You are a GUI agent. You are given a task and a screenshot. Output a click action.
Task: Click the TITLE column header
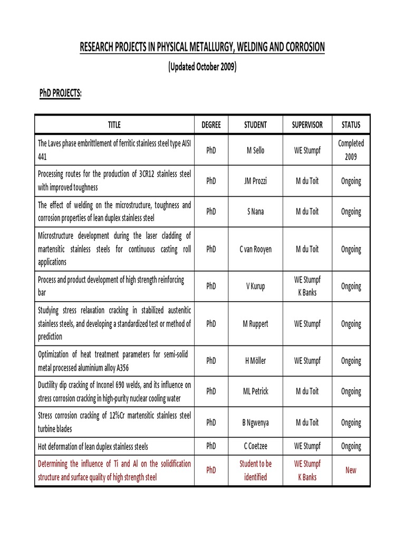point(114,125)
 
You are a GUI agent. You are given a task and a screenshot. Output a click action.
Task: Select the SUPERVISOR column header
point(307,125)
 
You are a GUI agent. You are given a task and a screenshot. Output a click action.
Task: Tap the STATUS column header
point(351,125)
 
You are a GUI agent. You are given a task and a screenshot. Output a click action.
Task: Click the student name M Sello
point(255,150)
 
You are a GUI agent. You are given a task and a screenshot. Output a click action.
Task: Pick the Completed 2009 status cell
point(351,150)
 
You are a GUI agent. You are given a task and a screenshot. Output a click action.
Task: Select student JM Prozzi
point(255,181)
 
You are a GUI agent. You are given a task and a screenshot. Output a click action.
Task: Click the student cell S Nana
point(255,211)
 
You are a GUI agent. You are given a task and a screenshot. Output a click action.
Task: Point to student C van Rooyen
point(255,249)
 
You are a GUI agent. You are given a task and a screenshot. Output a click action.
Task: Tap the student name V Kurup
point(255,286)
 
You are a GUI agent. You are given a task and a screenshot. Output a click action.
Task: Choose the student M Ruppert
point(255,324)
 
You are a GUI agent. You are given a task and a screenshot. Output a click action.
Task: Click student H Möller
point(255,361)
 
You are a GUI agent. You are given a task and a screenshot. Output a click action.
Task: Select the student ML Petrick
point(255,392)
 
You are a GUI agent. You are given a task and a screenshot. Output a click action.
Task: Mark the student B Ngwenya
point(255,422)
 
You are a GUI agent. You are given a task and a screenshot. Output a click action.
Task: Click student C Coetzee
point(255,447)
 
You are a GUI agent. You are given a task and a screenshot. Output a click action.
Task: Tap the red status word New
point(351,470)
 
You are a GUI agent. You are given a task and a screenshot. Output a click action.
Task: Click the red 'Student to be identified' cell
point(255,470)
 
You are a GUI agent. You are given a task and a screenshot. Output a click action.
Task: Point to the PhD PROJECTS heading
point(61,93)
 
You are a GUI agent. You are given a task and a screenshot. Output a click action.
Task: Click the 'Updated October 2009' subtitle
point(202,67)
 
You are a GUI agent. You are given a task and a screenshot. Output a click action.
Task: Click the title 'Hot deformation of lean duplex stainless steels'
point(93,447)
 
